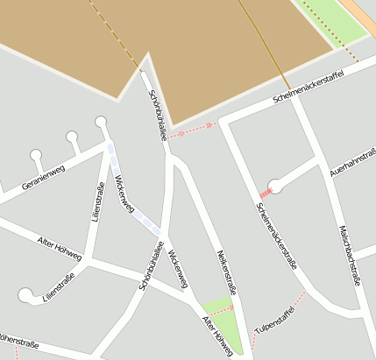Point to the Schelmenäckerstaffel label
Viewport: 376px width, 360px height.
(x=308, y=85)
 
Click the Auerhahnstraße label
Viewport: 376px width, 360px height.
(x=347, y=164)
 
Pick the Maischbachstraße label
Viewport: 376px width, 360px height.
(x=350, y=254)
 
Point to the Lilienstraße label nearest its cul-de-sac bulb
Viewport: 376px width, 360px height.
(x=58, y=287)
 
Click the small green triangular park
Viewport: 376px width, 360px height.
(x=218, y=307)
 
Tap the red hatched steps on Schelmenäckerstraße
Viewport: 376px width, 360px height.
(x=265, y=192)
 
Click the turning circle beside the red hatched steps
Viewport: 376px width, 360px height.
(x=275, y=186)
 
